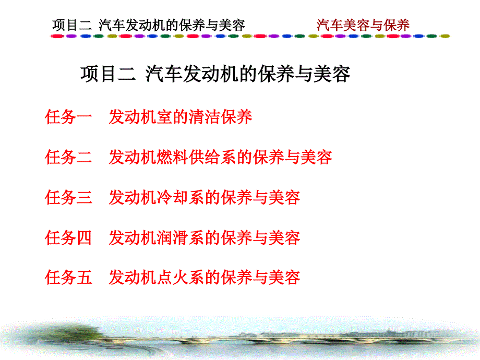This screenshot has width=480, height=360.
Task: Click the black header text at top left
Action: pos(148,25)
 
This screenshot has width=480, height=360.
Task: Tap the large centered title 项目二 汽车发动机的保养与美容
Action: pos(215,74)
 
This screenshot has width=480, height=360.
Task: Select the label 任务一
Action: pos(69,117)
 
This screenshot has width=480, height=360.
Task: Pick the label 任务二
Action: pos(69,157)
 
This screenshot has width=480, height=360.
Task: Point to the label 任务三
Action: pos(69,197)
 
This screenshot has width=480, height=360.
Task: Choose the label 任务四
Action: pos(69,237)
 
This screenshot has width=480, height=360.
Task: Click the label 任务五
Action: pos(69,277)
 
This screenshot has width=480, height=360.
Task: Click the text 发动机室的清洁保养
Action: pos(180,117)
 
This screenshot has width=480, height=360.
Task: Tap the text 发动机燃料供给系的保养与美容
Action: pos(220,157)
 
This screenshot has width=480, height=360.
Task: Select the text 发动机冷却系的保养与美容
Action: pos(204,197)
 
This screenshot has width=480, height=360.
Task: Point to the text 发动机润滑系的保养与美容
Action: pos(204,237)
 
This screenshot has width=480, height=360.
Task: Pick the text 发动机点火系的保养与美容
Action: pos(204,277)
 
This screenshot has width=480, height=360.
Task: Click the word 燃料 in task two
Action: pos(172,157)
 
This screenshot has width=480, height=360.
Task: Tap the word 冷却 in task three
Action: pos(172,197)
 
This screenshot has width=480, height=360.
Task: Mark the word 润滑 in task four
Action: pos(172,237)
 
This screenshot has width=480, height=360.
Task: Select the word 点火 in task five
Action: pos(172,277)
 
